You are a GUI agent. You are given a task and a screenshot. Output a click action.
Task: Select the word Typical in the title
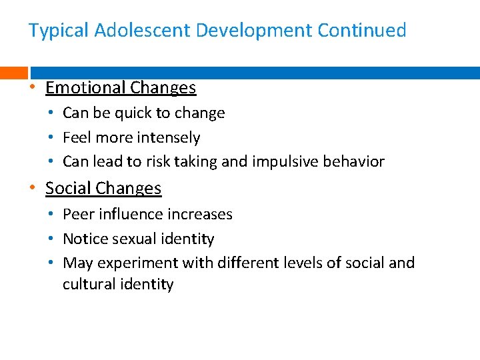[59, 31]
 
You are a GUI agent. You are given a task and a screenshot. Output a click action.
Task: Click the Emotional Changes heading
[121, 88]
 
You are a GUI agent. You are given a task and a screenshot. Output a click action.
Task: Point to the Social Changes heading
[103, 189]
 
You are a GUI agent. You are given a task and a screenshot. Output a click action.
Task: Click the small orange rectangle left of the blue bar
[13, 73]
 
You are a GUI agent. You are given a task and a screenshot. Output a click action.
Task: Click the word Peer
[78, 215]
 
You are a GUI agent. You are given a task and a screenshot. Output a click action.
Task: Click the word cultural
[87, 285]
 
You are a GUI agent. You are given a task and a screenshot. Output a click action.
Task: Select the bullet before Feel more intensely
[52, 138]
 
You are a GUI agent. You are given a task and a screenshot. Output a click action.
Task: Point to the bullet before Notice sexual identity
[52, 239]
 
